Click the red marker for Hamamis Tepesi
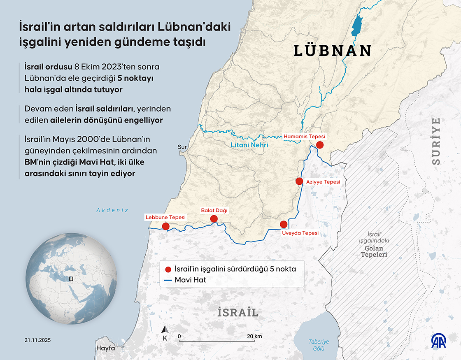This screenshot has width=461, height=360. [x=319, y=145]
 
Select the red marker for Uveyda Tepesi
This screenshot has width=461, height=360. [x=283, y=224]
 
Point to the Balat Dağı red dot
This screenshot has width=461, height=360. [x=214, y=219]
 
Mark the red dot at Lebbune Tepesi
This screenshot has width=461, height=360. [x=166, y=226]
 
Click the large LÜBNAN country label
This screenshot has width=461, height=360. [x=333, y=51]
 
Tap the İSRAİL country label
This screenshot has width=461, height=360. [x=238, y=313]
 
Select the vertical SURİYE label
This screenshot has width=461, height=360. [x=436, y=141]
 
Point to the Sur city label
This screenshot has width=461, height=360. [x=182, y=147]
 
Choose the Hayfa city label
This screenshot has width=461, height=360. [x=105, y=348]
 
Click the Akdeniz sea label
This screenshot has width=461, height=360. [x=112, y=210]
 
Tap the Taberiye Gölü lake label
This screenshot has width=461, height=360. [x=319, y=345]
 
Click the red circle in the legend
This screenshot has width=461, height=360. [x=168, y=269]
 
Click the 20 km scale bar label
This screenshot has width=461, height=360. [x=255, y=336]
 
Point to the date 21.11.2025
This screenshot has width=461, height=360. [x=38, y=340]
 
